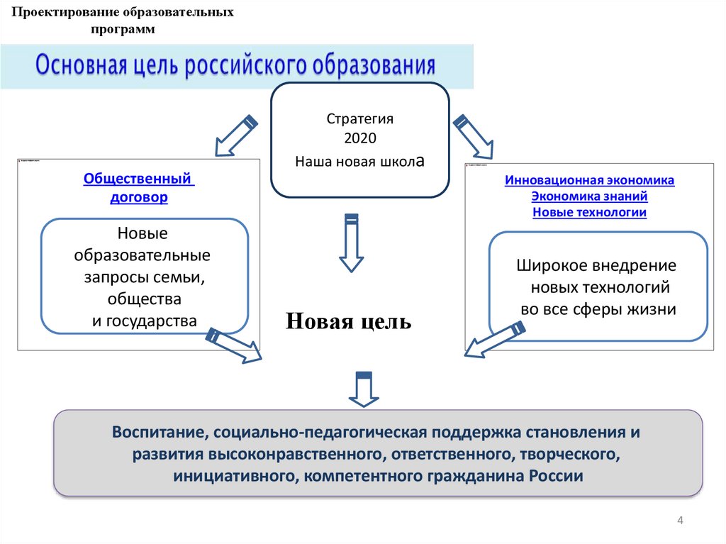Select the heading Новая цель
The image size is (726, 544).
(x=348, y=321)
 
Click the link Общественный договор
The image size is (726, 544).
(x=139, y=188)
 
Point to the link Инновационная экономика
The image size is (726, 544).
(x=589, y=180)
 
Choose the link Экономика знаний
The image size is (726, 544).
(x=589, y=196)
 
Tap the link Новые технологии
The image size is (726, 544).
(x=589, y=211)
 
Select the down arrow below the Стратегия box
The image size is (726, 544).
(x=351, y=242)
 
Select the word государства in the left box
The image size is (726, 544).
(x=152, y=320)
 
